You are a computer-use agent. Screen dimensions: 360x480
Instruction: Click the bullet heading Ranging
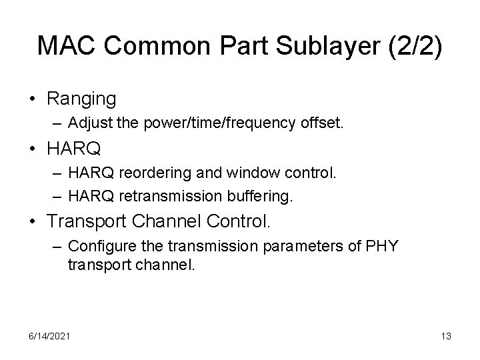[81, 99]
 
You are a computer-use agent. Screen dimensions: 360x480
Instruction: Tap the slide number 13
[446, 336]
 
